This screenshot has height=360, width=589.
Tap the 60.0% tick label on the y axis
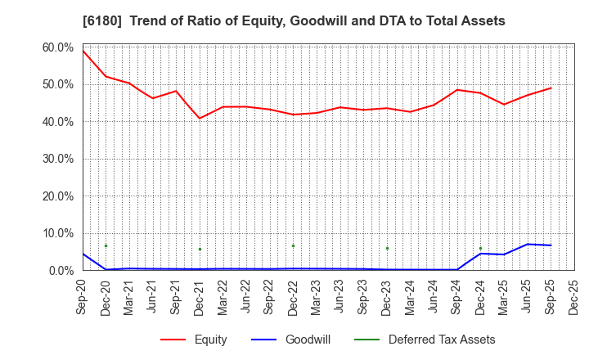pos(58,47)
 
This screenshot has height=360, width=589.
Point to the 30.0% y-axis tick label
pos(58,159)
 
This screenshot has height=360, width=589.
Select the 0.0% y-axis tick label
pos(61,270)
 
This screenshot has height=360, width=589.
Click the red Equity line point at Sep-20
pos(83,51)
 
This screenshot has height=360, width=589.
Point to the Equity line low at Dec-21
pos(200,118)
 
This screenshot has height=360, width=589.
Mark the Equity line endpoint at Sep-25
pos(551,88)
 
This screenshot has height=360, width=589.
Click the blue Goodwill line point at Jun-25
pos(528,244)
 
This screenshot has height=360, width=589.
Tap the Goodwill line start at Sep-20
pos(83,254)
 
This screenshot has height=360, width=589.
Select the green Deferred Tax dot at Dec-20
pos(106,245)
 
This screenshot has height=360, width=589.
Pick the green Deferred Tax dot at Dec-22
pos(293,245)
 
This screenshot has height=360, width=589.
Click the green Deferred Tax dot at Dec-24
pos(480,248)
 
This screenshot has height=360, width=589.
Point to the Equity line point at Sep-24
pos(457,90)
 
